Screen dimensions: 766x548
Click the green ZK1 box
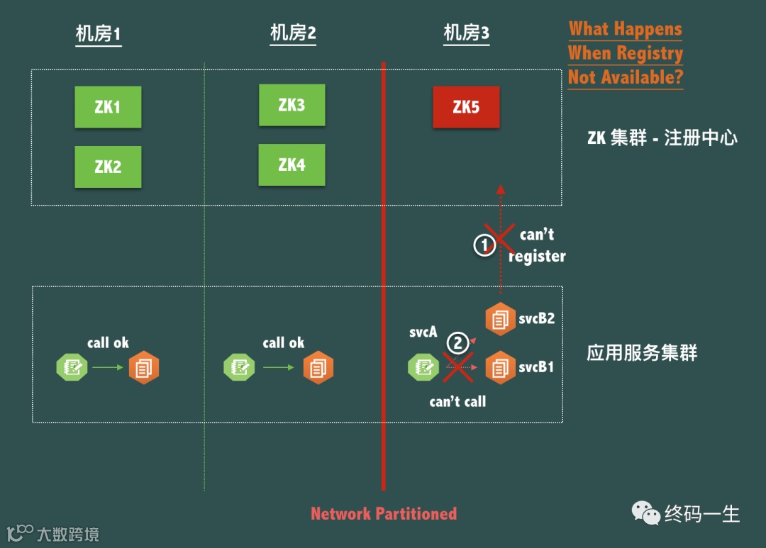click(108, 107)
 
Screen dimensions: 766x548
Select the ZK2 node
click(108, 167)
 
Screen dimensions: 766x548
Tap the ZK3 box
click(292, 105)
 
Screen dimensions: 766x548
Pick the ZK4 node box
click(292, 164)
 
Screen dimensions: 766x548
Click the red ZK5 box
click(466, 107)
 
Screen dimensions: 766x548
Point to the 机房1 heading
click(99, 34)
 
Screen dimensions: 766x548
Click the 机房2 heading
click(293, 33)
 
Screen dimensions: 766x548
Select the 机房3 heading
click(466, 33)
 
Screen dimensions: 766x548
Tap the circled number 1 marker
click(484, 245)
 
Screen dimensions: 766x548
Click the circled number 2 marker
click(457, 344)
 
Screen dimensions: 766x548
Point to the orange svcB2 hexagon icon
click(500, 319)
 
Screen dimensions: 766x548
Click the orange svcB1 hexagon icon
click(500, 368)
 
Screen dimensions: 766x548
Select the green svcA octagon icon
click(423, 367)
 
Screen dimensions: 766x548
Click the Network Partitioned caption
click(384, 514)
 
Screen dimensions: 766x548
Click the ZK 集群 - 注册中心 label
click(662, 138)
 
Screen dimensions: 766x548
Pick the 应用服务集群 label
click(642, 353)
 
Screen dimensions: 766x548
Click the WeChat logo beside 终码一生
click(645, 513)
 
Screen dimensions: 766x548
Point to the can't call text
click(457, 401)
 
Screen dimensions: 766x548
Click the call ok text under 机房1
click(108, 343)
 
